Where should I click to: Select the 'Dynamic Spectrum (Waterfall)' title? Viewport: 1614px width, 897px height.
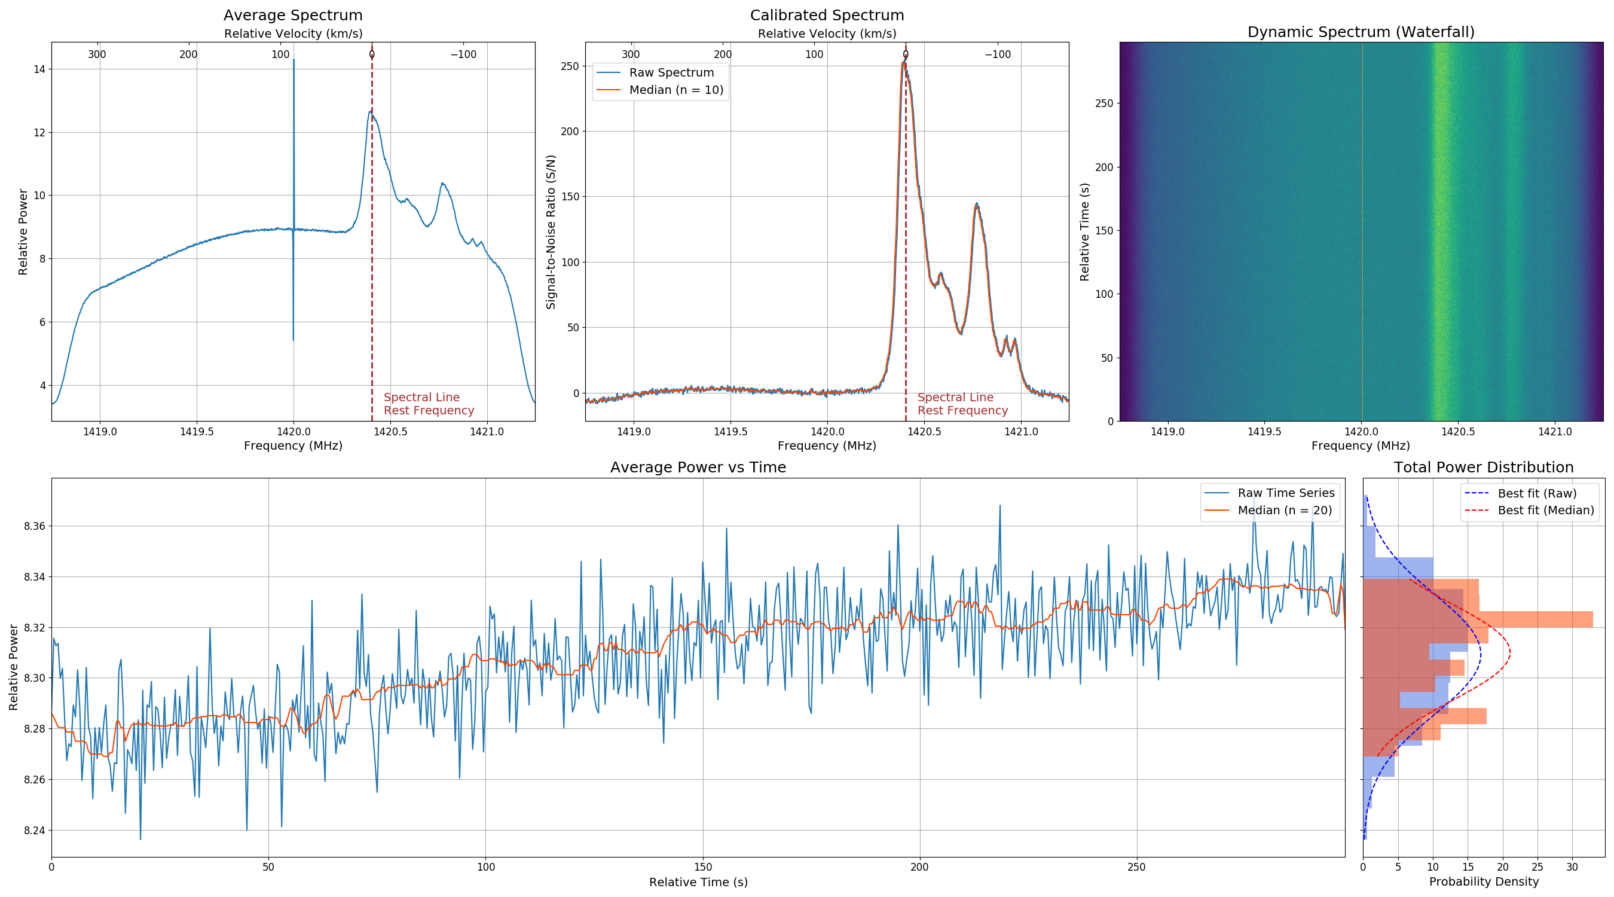tap(1361, 32)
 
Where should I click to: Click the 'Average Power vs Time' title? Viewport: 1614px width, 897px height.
tap(698, 468)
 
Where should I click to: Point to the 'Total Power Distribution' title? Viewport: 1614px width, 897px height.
tap(1483, 468)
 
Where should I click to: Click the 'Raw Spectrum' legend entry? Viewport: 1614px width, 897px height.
tap(671, 73)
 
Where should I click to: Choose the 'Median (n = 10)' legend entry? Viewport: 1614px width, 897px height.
tap(676, 90)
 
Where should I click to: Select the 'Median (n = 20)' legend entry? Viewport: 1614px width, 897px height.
tap(1285, 510)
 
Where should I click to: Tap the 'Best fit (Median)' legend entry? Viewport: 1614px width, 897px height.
tap(1545, 510)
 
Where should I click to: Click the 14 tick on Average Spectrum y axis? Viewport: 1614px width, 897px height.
tap(39, 69)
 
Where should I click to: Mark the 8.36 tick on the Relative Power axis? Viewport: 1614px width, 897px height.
tap(35, 526)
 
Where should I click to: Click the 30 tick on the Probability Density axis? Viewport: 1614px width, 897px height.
tap(1572, 868)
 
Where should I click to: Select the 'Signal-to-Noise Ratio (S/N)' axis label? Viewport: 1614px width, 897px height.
tap(551, 232)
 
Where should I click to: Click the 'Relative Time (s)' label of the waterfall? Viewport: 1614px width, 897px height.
tap(1084, 232)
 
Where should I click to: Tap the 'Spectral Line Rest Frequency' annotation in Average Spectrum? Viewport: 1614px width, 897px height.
tap(429, 404)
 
